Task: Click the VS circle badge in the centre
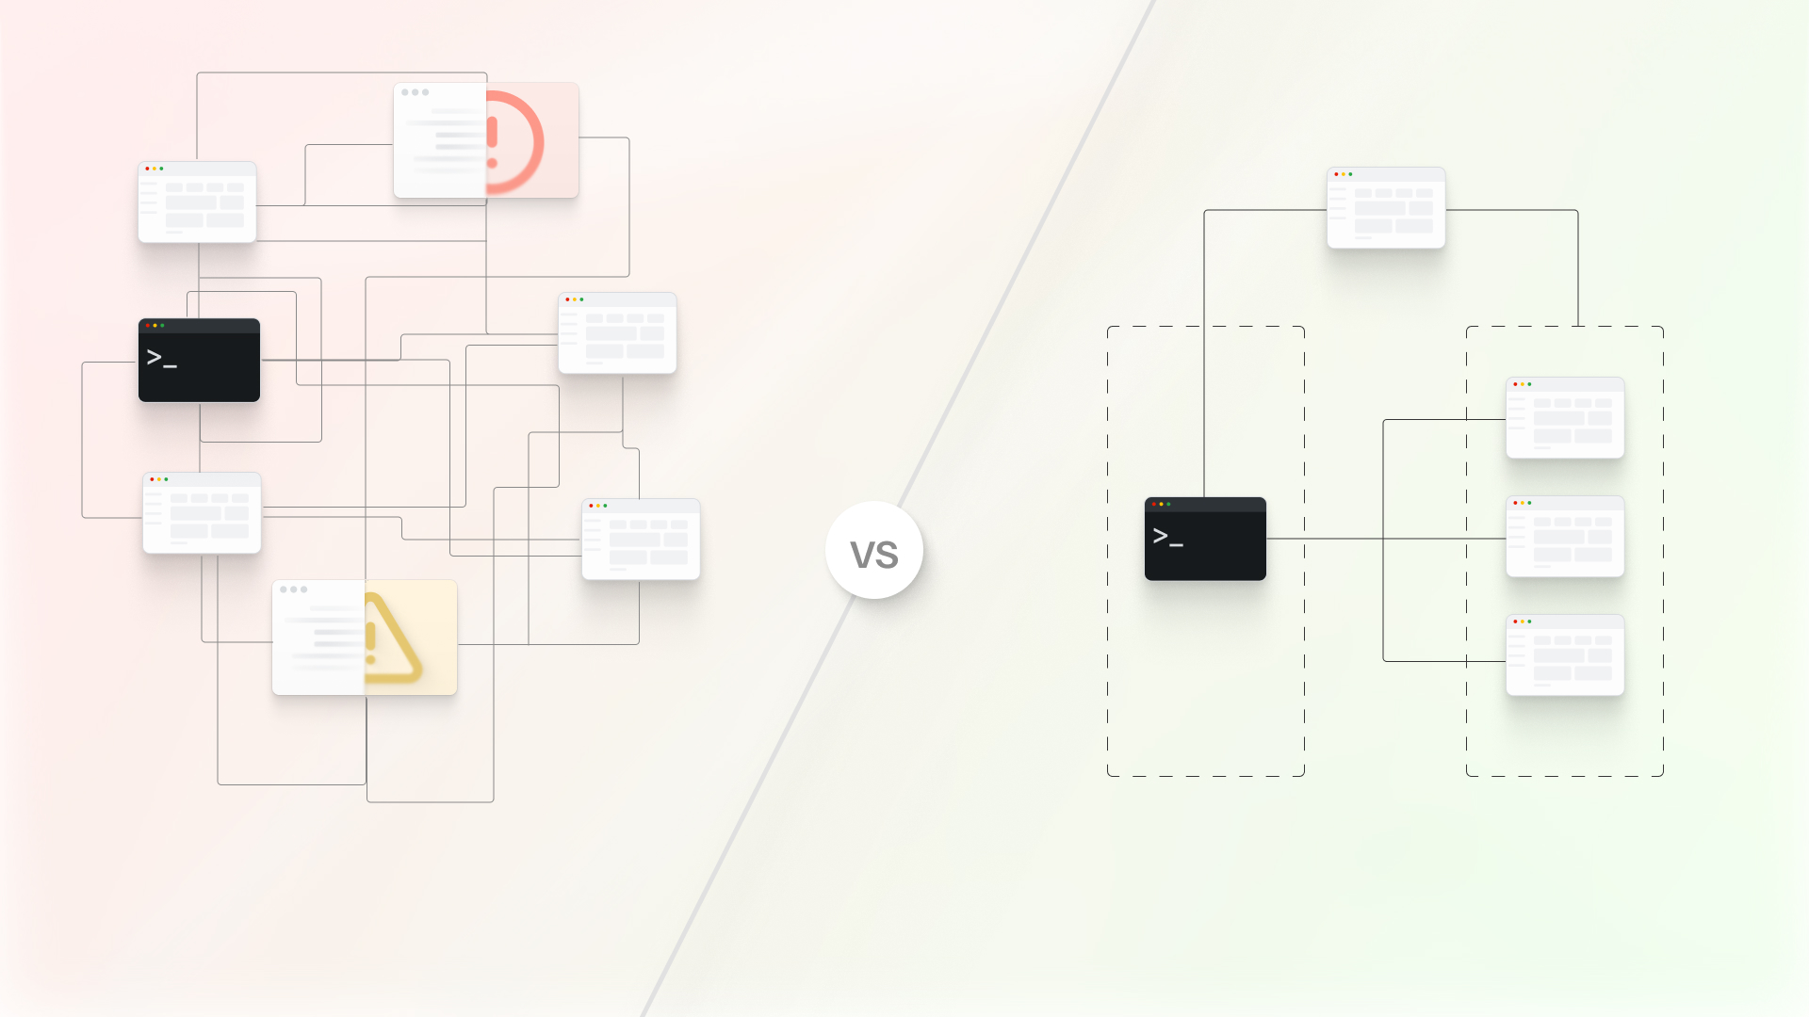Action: tap(874, 551)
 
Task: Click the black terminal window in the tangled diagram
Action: tap(199, 361)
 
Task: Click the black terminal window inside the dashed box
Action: tap(1205, 540)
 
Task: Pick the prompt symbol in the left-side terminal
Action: tap(161, 358)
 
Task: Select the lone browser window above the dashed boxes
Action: tap(1386, 208)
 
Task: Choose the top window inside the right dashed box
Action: tap(1565, 418)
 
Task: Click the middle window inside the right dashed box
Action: tap(1565, 537)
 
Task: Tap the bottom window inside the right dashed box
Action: tap(1565, 655)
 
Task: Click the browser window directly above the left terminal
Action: tap(197, 202)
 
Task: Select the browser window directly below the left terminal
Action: tap(202, 513)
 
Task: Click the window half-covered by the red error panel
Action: tap(440, 141)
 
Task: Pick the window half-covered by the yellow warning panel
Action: tap(318, 638)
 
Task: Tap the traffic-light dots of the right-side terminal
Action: tap(1161, 504)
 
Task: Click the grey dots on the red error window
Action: tap(415, 92)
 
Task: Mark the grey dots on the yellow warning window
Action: tap(293, 589)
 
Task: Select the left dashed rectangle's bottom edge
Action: tap(1206, 776)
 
